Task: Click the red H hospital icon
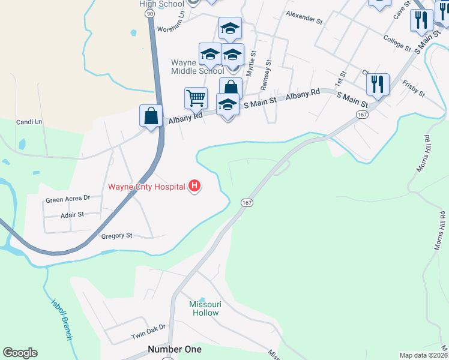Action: pos(194,187)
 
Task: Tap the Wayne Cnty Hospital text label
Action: pos(146,187)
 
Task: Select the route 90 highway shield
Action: pos(149,12)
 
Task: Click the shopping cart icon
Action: pos(196,98)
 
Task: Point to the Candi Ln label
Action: pos(30,122)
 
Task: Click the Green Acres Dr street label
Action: pos(68,197)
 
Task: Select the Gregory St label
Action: pos(116,236)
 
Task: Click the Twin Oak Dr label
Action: pos(148,335)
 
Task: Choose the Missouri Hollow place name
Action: pos(205,308)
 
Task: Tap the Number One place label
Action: pos(175,349)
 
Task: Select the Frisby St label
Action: pos(414,89)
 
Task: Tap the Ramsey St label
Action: pos(265,75)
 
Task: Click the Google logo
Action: pos(20,353)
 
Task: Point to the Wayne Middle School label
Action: pos(197,67)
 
